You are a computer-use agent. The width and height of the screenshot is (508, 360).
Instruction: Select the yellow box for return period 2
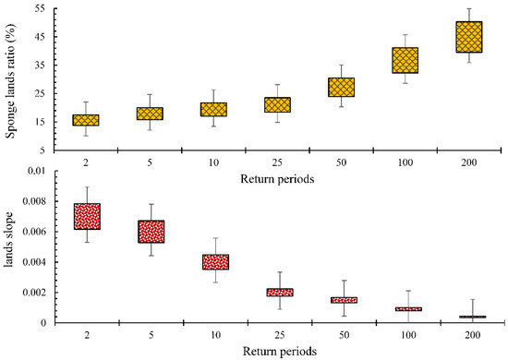pos(86,120)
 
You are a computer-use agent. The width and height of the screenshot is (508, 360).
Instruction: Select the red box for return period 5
pos(150,232)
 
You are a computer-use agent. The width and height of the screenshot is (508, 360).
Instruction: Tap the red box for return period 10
pos(213,262)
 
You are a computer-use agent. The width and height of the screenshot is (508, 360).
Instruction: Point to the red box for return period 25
pos(278,292)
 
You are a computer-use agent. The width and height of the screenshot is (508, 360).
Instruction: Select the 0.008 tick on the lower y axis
pos(36,202)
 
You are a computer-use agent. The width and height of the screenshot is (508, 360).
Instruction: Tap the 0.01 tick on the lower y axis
pos(39,172)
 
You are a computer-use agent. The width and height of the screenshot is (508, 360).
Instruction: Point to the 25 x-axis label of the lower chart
pos(278,336)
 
